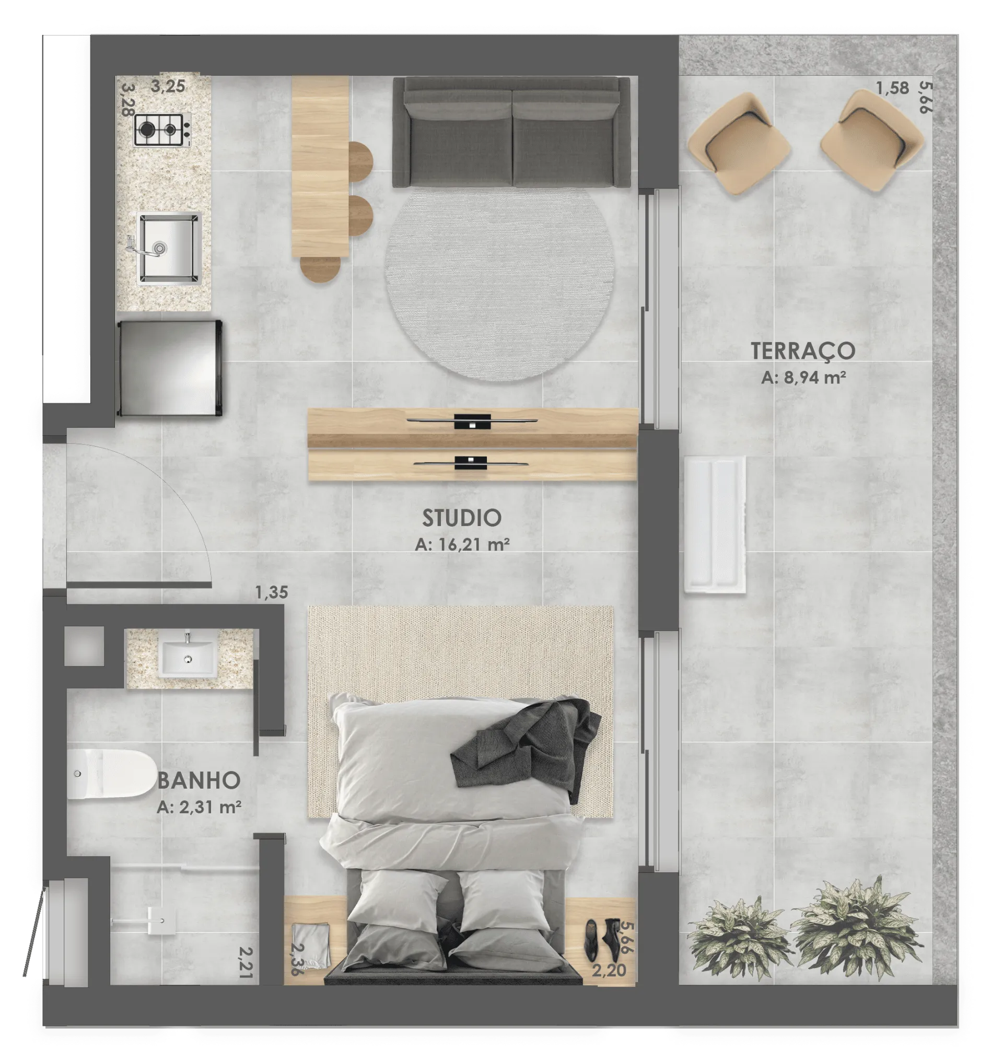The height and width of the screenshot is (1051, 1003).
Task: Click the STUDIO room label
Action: pyautogui.click(x=461, y=518)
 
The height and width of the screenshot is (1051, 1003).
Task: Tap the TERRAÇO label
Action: pyautogui.click(x=802, y=351)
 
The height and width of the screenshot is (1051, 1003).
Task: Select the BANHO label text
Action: pyautogui.click(x=199, y=780)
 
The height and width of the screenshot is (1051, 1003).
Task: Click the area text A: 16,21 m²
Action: pyautogui.click(x=462, y=544)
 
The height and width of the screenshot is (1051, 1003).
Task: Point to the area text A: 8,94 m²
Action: pyautogui.click(x=803, y=378)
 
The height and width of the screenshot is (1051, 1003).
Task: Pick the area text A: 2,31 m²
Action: pyautogui.click(x=199, y=807)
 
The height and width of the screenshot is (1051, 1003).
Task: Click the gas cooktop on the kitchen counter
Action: pyautogui.click(x=162, y=130)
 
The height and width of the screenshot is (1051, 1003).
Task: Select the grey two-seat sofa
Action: pyautogui.click(x=511, y=132)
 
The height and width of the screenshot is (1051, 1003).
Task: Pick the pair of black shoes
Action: pyautogui.click(x=601, y=939)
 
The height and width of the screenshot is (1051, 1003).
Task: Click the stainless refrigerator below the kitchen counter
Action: pyautogui.click(x=169, y=368)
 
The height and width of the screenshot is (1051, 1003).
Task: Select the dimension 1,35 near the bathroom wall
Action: pyautogui.click(x=271, y=592)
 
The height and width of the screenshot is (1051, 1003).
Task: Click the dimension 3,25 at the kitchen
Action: pyautogui.click(x=168, y=86)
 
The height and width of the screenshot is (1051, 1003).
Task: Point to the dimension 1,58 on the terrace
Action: pyautogui.click(x=892, y=88)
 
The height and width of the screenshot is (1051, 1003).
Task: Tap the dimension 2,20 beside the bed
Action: pyautogui.click(x=609, y=970)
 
